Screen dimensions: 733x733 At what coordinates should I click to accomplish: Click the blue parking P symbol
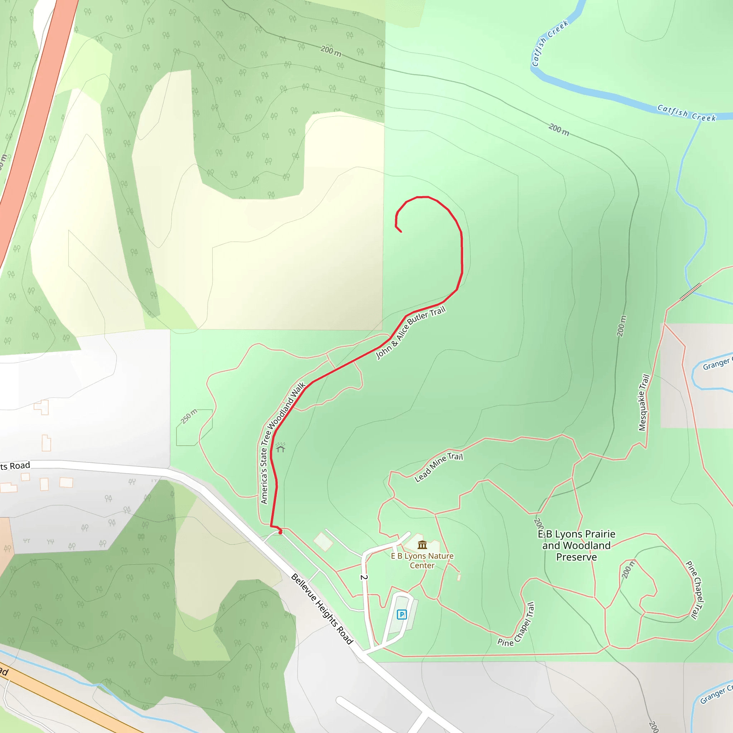tap(402, 614)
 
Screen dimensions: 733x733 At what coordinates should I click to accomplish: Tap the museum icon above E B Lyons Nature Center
tap(422, 545)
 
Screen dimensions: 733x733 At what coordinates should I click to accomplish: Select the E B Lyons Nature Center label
tap(422, 560)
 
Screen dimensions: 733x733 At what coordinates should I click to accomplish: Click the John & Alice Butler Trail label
tap(411, 332)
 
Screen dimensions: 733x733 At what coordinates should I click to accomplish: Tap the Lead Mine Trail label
tap(438, 467)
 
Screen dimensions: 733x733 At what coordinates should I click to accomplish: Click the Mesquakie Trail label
tap(644, 403)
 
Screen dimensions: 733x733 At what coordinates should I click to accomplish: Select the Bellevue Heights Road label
tap(322, 608)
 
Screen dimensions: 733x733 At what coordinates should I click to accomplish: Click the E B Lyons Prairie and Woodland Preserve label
tap(576, 545)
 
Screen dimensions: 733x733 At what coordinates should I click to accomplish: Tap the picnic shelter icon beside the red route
tap(280, 448)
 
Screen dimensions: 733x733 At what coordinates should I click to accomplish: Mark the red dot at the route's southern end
tap(280, 533)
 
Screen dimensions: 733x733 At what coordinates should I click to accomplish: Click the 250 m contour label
tap(189, 416)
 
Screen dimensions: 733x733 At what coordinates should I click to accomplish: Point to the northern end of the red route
tap(401, 232)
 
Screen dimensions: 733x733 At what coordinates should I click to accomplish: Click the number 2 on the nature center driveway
tap(364, 577)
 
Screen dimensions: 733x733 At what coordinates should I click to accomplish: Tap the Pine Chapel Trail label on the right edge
tap(695, 590)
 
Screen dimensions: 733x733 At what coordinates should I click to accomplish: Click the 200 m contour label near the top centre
tap(331, 51)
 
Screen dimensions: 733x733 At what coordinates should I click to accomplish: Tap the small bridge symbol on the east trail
tap(690, 291)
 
